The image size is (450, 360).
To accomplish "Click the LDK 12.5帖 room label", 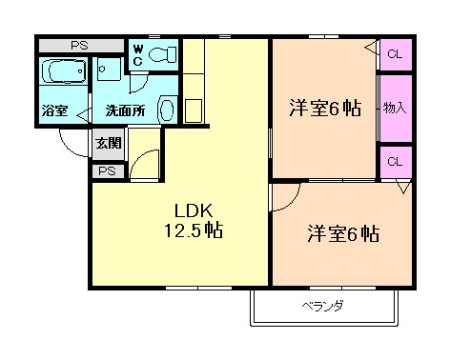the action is [x=194, y=221].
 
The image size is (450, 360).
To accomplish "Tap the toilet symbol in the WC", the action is [x=162, y=54].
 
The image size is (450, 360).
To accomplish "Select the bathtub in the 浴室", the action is [x=64, y=70].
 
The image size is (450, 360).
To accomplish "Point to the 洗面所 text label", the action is [x=125, y=110].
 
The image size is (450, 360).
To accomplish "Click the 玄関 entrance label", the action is [x=109, y=143].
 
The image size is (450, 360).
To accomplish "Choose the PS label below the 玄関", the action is [x=107, y=171].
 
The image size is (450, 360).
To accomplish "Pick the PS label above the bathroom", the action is [x=79, y=46].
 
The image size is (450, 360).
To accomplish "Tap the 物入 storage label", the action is [x=395, y=108].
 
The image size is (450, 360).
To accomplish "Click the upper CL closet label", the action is [x=395, y=54].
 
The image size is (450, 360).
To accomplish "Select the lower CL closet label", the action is [x=395, y=162].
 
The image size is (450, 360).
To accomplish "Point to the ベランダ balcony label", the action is [x=322, y=307].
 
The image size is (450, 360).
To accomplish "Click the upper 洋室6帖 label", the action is [x=325, y=109].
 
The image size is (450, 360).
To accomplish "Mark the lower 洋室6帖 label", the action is [x=343, y=234].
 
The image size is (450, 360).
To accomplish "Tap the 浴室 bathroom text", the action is [x=54, y=110].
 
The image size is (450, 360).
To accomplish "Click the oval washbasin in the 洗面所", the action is [x=167, y=110].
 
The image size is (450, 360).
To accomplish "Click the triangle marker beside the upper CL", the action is [x=371, y=49].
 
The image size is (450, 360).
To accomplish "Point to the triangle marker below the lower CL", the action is [x=403, y=187].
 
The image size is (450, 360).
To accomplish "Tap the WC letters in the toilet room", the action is [x=138, y=55].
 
